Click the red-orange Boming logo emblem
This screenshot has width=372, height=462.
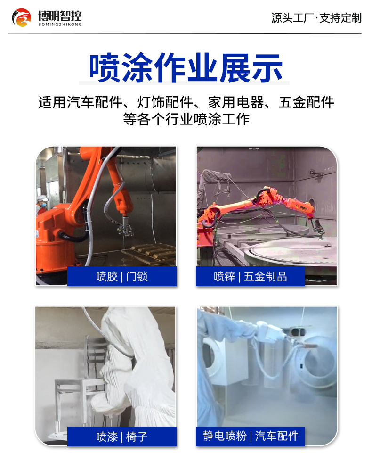click(x=21, y=18)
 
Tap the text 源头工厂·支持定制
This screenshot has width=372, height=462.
click(x=316, y=18)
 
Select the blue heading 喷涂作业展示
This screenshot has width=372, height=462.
click(x=186, y=68)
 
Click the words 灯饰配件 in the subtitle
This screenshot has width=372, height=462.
click(x=165, y=102)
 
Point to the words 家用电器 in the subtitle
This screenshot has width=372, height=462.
click(x=236, y=102)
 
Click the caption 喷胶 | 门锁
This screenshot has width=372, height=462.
click(x=122, y=276)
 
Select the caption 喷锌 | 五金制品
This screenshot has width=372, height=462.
click(x=250, y=276)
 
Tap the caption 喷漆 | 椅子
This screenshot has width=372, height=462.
click(x=122, y=437)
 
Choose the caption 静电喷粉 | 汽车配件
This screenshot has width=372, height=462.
click(x=251, y=436)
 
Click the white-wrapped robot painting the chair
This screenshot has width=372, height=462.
click(x=136, y=363)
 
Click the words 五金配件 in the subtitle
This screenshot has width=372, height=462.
click(x=307, y=102)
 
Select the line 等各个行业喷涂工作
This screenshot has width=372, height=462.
click(x=186, y=119)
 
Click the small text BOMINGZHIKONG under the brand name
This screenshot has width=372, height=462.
click(x=60, y=25)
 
